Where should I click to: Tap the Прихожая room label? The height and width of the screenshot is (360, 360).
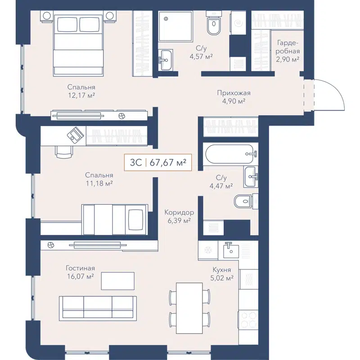233,97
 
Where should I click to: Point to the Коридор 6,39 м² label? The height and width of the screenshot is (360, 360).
179,216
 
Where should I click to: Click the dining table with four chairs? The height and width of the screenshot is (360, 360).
189,303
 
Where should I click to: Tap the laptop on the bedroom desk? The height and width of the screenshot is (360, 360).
75,134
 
